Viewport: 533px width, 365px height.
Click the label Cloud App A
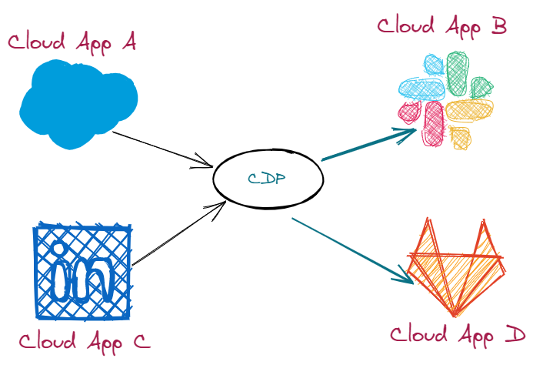click(72, 42)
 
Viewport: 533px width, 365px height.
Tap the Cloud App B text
click(441, 26)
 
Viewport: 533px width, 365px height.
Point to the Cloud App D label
click(458, 335)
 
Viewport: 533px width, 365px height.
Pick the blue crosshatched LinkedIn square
click(82, 272)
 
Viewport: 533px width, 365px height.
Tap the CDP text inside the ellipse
click(267, 179)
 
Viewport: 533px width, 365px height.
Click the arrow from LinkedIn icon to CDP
click(178, 235)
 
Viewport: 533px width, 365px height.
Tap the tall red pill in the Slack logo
click(434, 123)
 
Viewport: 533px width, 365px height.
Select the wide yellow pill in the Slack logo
click(469, 110)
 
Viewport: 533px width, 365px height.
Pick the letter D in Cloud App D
click(515, 335)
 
